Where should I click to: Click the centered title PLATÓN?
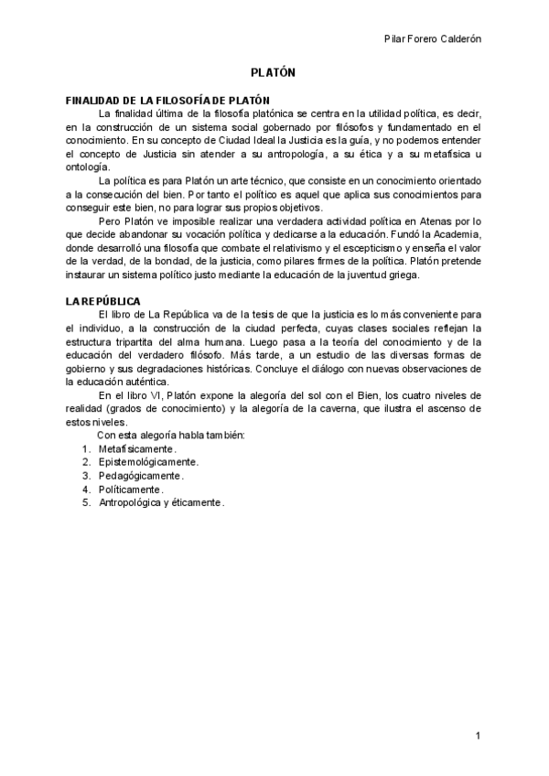tap(274, 72)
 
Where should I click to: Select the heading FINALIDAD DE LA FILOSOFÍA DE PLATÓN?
tap(167, 99)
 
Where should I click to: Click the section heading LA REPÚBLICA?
tap(102, 301)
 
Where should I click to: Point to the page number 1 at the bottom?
tap(478, 737)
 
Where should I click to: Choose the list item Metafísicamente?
tap(136, 449)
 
